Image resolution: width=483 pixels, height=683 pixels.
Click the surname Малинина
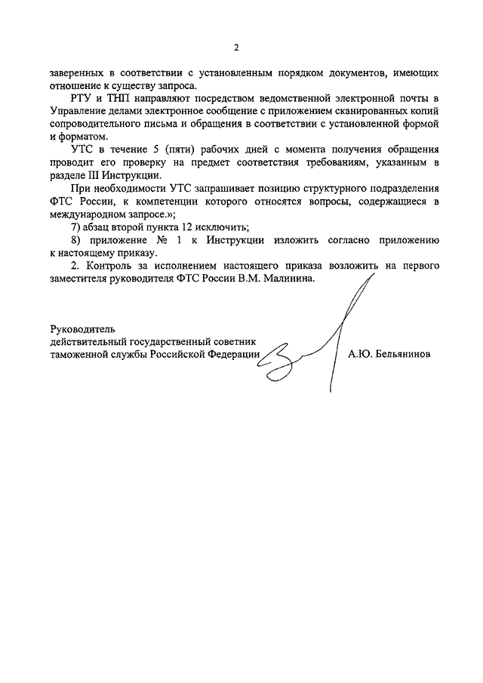click(x=285, y=278)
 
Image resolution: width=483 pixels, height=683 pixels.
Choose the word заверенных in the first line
click(x=75, y=72)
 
